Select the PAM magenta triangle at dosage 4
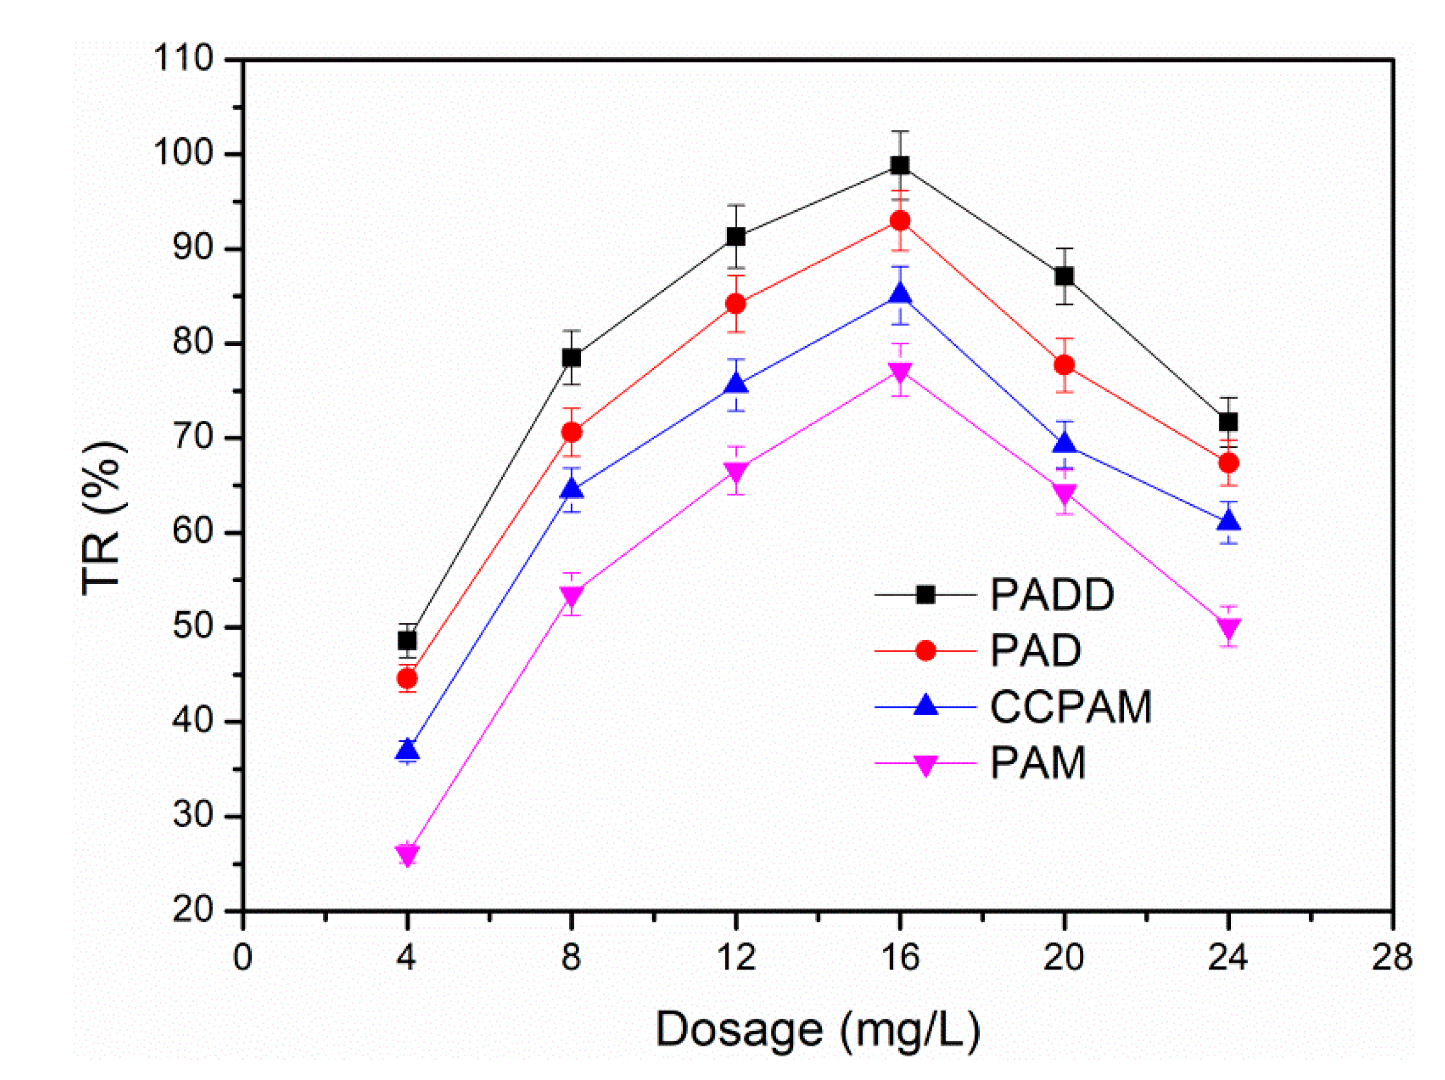click(x=407, y=854)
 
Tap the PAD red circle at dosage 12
click(x=736, y=304)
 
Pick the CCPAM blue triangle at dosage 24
click(x=1229, y=521)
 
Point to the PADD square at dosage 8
click(x=572, y=357)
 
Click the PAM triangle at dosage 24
click(x=1229, y=628)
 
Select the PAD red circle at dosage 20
click(x=1065, y=365)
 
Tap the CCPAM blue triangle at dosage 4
click(x=407, y=750)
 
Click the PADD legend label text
click(x=1051, y=595)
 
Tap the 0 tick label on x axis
click(x=242, y=958)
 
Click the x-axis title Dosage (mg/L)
click(x=818, y=1030)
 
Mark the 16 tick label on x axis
click(x=900, y=958)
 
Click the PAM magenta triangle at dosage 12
click(x=736, y=472)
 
